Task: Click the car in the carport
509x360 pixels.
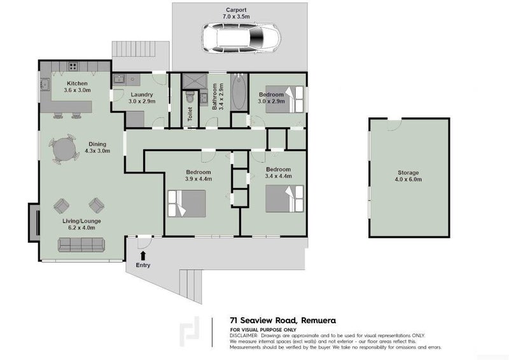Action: click(241, 38)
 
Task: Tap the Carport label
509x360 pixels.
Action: click(236, 10)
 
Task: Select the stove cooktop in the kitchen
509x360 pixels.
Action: click(73, 67)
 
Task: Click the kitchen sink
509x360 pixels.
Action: click(45, 85)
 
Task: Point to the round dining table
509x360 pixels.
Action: click(64, 149)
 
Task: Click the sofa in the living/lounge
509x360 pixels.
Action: click(81, 244)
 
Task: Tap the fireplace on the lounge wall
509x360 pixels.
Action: click(34, 223)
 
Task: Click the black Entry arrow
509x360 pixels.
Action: click(143, 254)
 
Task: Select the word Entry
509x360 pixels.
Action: click(143, 265)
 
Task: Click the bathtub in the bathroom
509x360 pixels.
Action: click(239, 92)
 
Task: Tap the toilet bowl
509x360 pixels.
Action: click(190, 97)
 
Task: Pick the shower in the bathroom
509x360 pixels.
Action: click(195, 81)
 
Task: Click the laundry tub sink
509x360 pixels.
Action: click(118, 79)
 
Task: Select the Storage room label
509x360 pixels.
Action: click(408, 173)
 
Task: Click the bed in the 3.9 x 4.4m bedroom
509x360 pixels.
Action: click(187, 204)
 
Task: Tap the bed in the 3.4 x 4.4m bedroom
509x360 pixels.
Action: click(284, 198)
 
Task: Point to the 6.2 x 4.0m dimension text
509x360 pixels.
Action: click(82, 228)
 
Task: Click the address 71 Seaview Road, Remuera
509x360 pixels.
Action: click(282, 321)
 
